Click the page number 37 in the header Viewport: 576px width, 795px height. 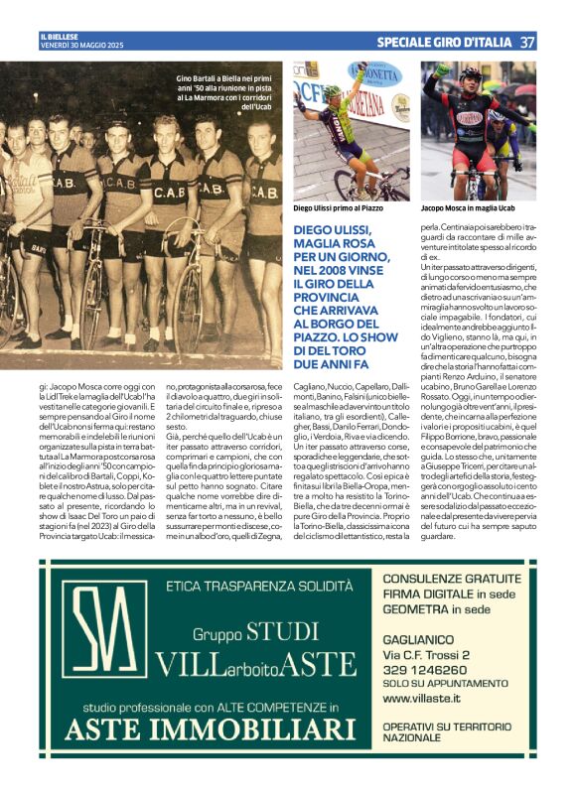pos(527,43)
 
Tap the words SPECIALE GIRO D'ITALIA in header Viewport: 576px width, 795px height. pos(445,43)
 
